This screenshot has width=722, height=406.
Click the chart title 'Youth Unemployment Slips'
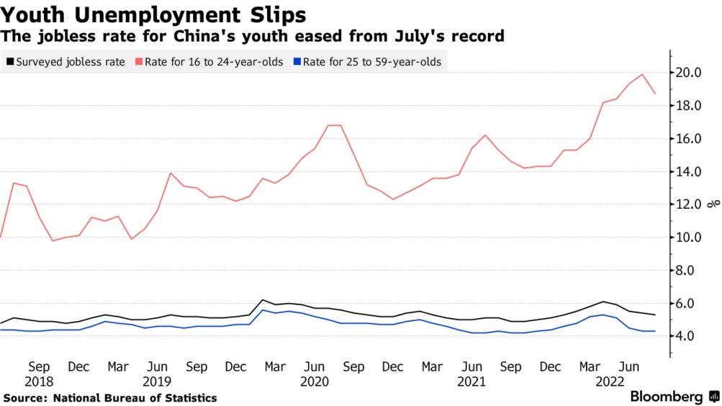tap(154, 14)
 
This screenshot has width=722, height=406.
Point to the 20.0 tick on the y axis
tap(691, 73)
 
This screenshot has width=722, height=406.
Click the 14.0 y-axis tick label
tap(691, 171)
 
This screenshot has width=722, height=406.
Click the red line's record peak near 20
tap(642, 75)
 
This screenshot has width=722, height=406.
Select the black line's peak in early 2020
tap(263, 300)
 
